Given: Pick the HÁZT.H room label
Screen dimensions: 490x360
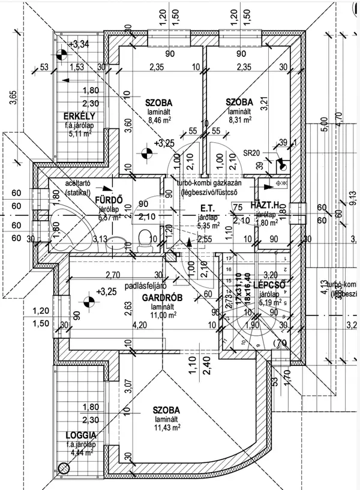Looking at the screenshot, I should (265, 205).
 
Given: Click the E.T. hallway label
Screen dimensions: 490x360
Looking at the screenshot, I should (208, 209).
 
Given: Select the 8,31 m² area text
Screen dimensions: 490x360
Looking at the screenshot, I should (239, 120).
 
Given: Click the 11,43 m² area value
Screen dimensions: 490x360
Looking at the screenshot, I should (168, 428).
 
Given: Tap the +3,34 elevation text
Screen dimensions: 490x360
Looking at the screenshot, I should (79, 44).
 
